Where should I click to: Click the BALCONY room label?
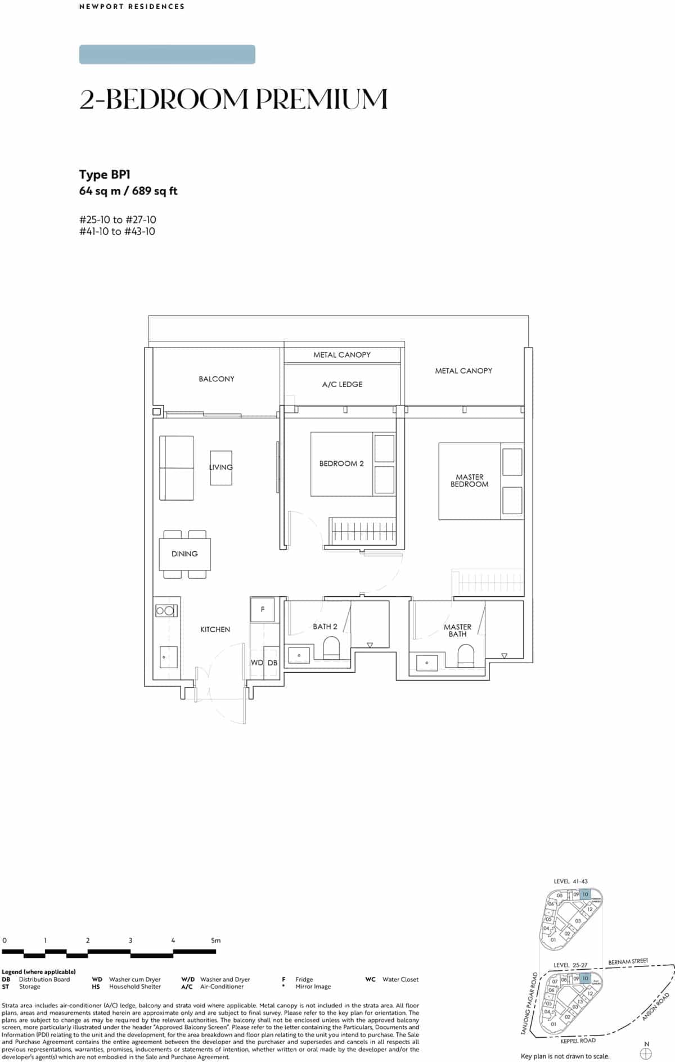[217, 379]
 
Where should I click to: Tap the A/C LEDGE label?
[342, 385]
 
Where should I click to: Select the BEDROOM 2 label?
[341, 463]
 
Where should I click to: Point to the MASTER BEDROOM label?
[469, 480]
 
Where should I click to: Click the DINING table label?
[184, 553]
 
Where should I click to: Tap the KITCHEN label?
[215, 629]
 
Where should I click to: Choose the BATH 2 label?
[325, 627]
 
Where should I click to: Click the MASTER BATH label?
[457, 631]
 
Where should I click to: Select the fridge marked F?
[263, 609]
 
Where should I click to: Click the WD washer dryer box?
[256, 663]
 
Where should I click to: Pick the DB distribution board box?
[272, 663]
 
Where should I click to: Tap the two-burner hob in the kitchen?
[166, 610]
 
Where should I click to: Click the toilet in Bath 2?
[332, 647]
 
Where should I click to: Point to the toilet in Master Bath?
[466, 654]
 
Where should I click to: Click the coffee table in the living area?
[221, 467]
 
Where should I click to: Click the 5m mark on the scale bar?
[215, 940]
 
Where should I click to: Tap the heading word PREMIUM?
[322, 100]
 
